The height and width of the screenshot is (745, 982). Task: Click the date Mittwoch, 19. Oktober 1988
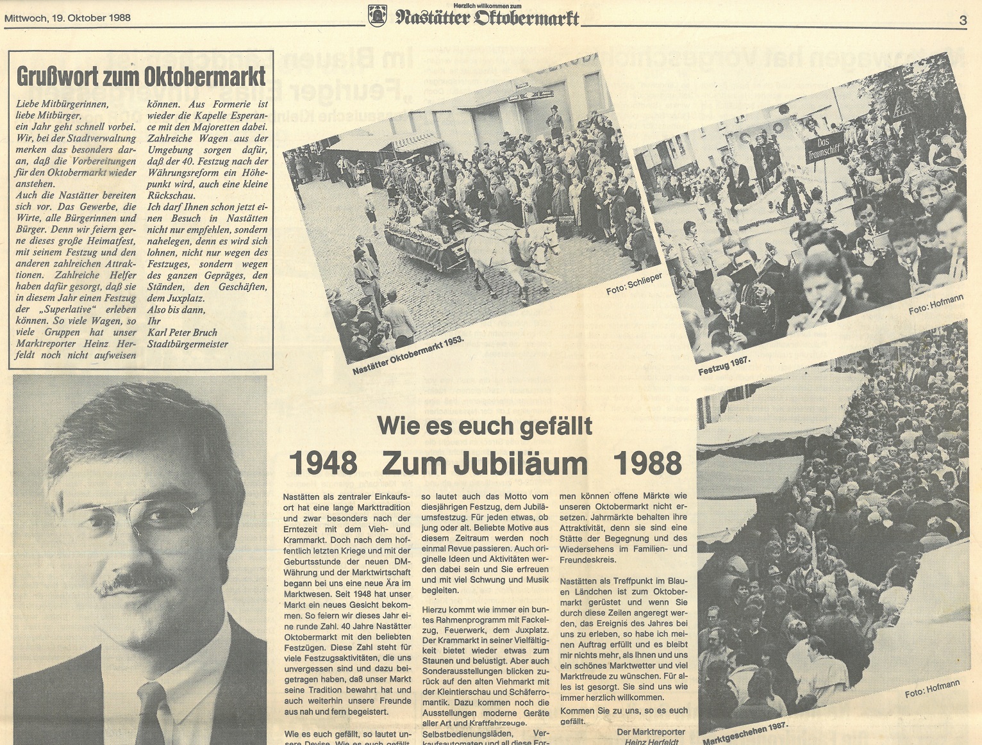[x=67, y=18]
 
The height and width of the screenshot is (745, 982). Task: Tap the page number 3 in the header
[x=963, y=20]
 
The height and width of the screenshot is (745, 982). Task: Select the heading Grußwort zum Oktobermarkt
[x=141, y=76]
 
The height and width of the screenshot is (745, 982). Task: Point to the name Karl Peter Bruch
[x=182, y=332]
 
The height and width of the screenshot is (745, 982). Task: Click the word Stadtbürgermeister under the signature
[x=187, y=344]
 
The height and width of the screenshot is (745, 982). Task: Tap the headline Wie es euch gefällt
[x=485, y=425]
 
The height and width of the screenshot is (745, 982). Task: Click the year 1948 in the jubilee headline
[x=323, y=463]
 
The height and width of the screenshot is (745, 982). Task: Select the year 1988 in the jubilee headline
[x=647, y=463]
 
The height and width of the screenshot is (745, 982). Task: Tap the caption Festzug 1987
[x=724, y=367]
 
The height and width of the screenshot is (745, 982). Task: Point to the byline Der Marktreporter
[x=650, y=732]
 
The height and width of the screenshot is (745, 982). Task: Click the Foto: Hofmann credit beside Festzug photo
[x=936, y=305]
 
